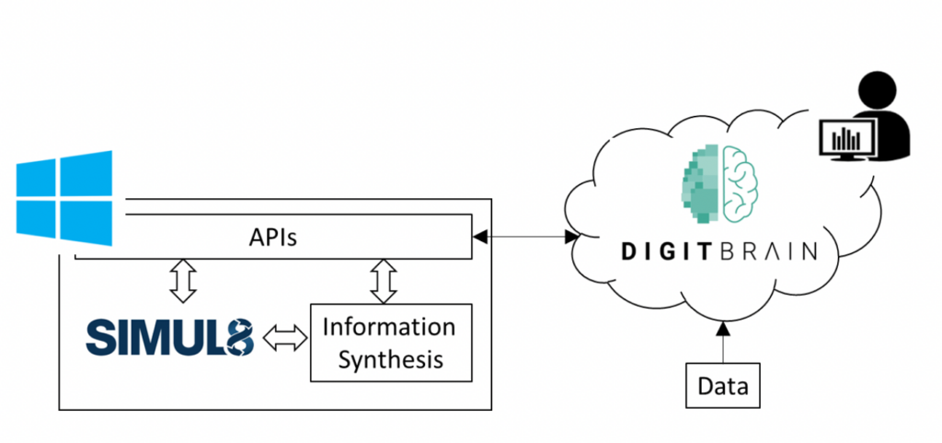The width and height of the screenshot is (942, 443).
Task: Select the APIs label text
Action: tap(272, 239)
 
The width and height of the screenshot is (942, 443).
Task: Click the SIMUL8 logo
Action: tap(170, 337)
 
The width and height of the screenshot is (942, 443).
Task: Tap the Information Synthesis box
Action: tap(391, 343)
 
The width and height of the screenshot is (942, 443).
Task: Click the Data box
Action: tap(723, 386)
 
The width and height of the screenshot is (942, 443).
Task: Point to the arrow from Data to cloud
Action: tap(723, 342)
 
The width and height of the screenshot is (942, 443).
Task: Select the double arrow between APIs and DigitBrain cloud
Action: tap(524, 238)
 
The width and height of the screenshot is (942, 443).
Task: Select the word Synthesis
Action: tap(391, 359)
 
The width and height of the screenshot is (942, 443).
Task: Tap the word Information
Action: tap(391, 327)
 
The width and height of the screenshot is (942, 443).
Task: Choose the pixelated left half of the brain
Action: tap(701, 184)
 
